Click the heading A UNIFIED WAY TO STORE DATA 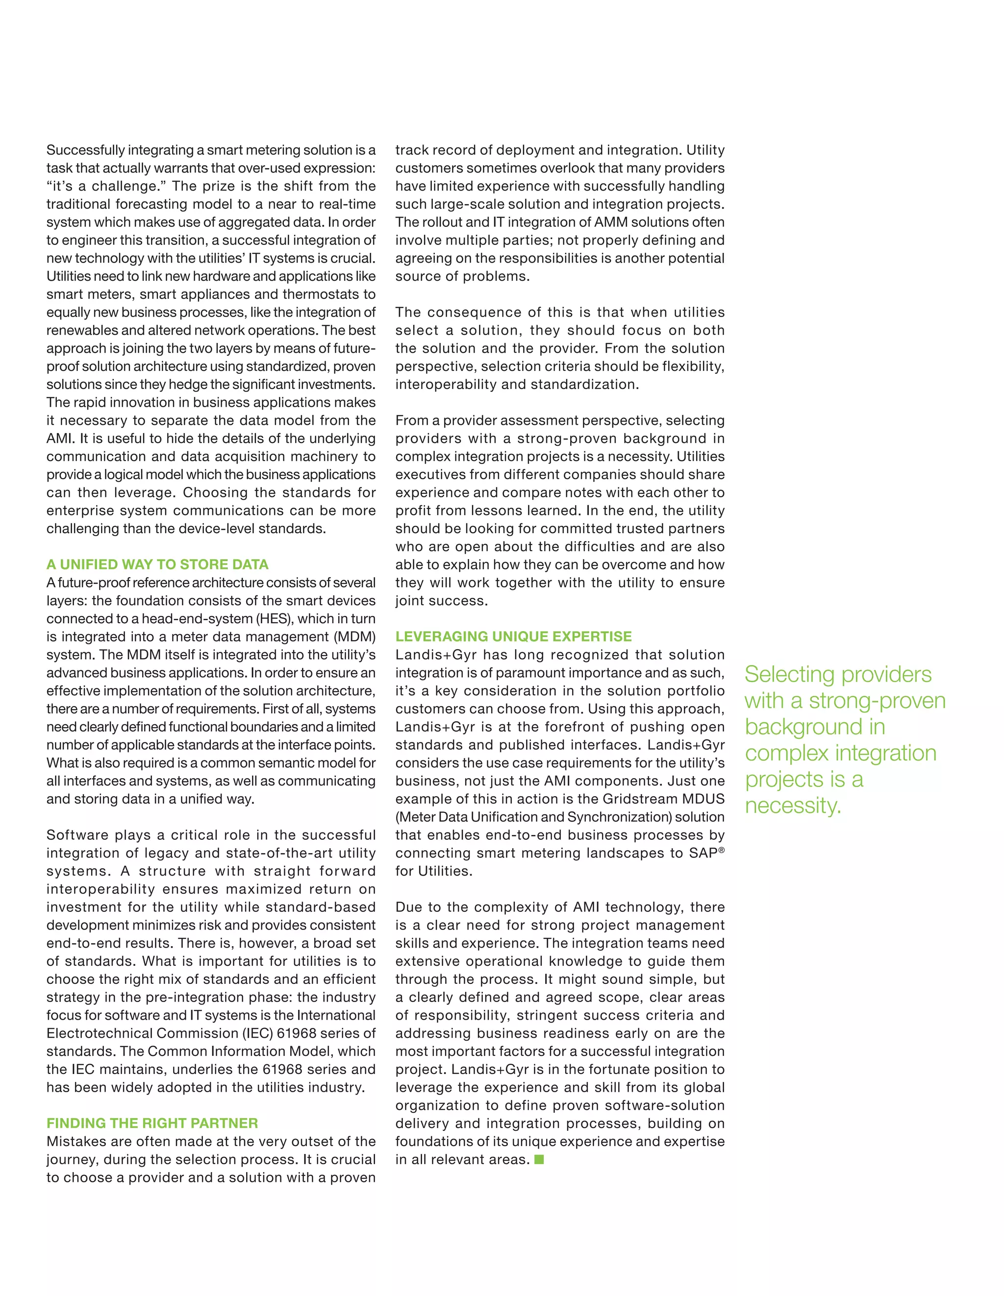[x=157, y=564]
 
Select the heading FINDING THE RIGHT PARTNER [x=152, y=1124]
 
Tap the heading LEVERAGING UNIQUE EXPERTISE [x=514, y=636]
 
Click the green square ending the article [x=539, y=1159]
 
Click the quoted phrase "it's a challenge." [x=104, y=186]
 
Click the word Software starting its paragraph [x=73, y=835]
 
